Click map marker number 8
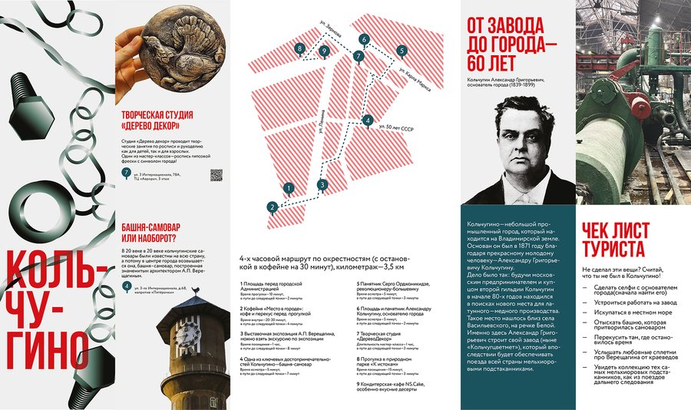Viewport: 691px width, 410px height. tap(299, 49)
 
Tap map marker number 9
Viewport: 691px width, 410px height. tap(324, 51)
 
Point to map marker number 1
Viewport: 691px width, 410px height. tap(288, 187)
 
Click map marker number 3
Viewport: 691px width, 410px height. tap(322, 184)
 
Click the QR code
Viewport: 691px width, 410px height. tap(217, 174)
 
